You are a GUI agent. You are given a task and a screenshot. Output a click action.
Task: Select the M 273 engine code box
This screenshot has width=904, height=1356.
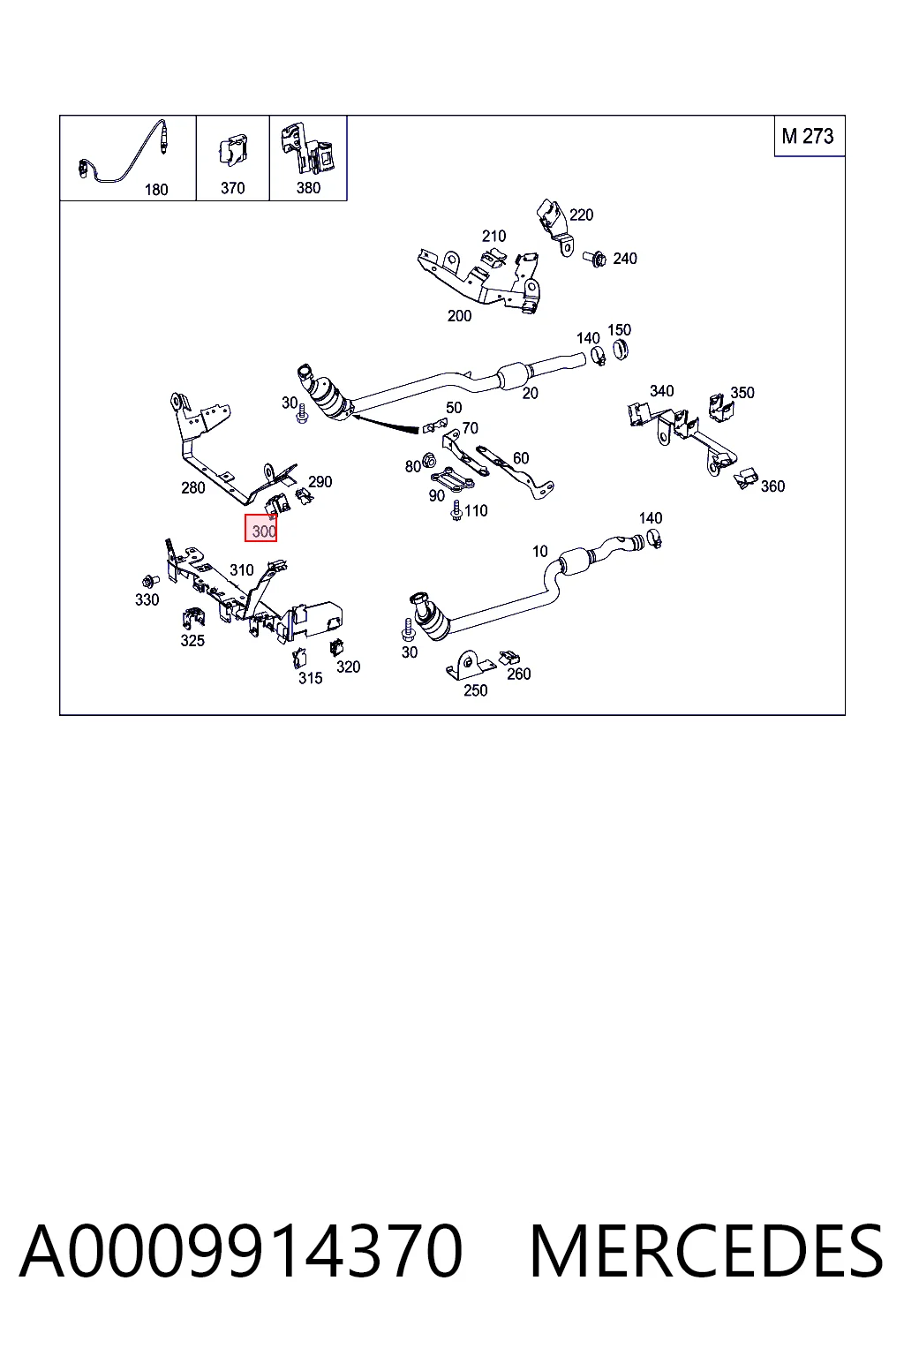(x=809, y=136)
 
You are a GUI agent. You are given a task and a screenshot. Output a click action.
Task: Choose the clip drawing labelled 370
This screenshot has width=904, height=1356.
(x=232, y=151)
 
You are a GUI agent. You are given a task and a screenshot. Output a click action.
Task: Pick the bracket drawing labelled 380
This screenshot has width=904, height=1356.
(x=307, y=147)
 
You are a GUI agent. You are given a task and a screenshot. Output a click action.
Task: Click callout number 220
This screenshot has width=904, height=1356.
(x=581, y=215)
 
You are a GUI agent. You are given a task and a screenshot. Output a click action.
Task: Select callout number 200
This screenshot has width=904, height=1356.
(x=459, y=315)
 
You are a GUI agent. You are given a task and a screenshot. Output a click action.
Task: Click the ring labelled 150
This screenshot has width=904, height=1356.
(x=620, y=350)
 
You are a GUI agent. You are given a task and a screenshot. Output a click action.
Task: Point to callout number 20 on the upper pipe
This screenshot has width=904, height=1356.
(x=530, y=394)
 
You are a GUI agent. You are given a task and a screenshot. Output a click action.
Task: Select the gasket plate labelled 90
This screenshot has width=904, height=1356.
(x=452, y=479)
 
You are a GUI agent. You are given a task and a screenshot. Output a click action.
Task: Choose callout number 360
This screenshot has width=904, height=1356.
(x=772, y=486)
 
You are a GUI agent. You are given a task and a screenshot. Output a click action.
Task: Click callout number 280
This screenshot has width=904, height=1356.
(x=193, y=488)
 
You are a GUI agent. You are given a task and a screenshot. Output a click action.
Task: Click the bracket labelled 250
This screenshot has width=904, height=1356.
(x=471, y=666)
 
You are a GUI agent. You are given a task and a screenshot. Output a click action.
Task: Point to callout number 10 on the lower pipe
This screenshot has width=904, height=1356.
(x=540, y=552)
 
